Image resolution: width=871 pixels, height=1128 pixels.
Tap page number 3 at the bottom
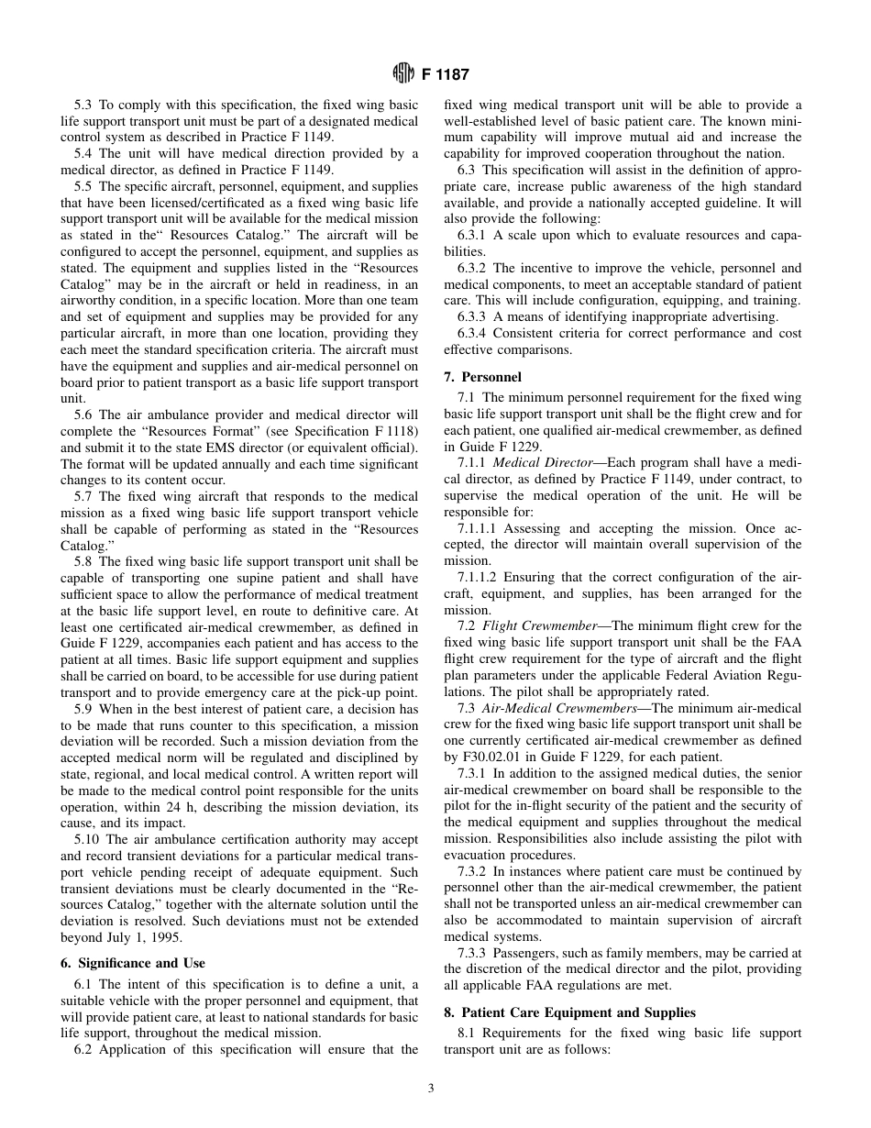pyautogui.click(x=431, y=1089)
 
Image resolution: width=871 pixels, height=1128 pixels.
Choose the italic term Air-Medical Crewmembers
pyautogui.click(x=551, y=708)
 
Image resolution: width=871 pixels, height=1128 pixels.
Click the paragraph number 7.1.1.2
pyautogui.click(x=480, y=577)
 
